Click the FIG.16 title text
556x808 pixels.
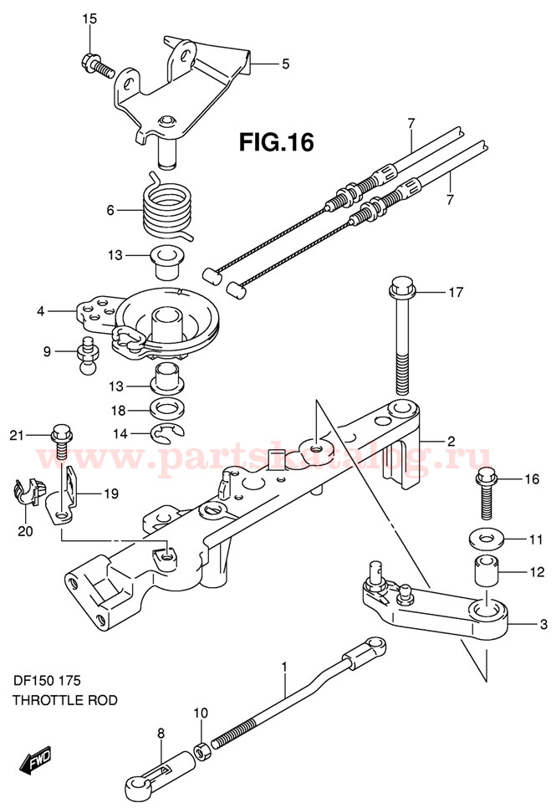coord(276,143)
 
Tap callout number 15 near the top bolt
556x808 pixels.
coord(89,18)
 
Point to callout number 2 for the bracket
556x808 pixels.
coord(450,441)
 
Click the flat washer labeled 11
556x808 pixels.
coord(486,536)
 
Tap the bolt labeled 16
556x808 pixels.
coord(487,494)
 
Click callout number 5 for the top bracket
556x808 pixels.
coord(284,64)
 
